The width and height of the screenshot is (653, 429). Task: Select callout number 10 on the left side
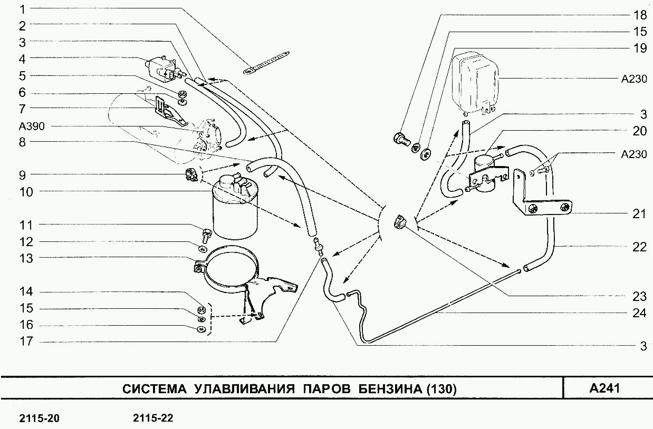(26, 192)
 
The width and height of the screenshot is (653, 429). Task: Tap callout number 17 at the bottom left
(26, 342)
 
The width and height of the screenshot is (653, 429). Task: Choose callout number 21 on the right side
(639, 213)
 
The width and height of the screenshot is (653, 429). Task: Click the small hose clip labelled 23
(399, 222)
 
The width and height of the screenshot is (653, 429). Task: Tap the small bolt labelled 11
(207, 232)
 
